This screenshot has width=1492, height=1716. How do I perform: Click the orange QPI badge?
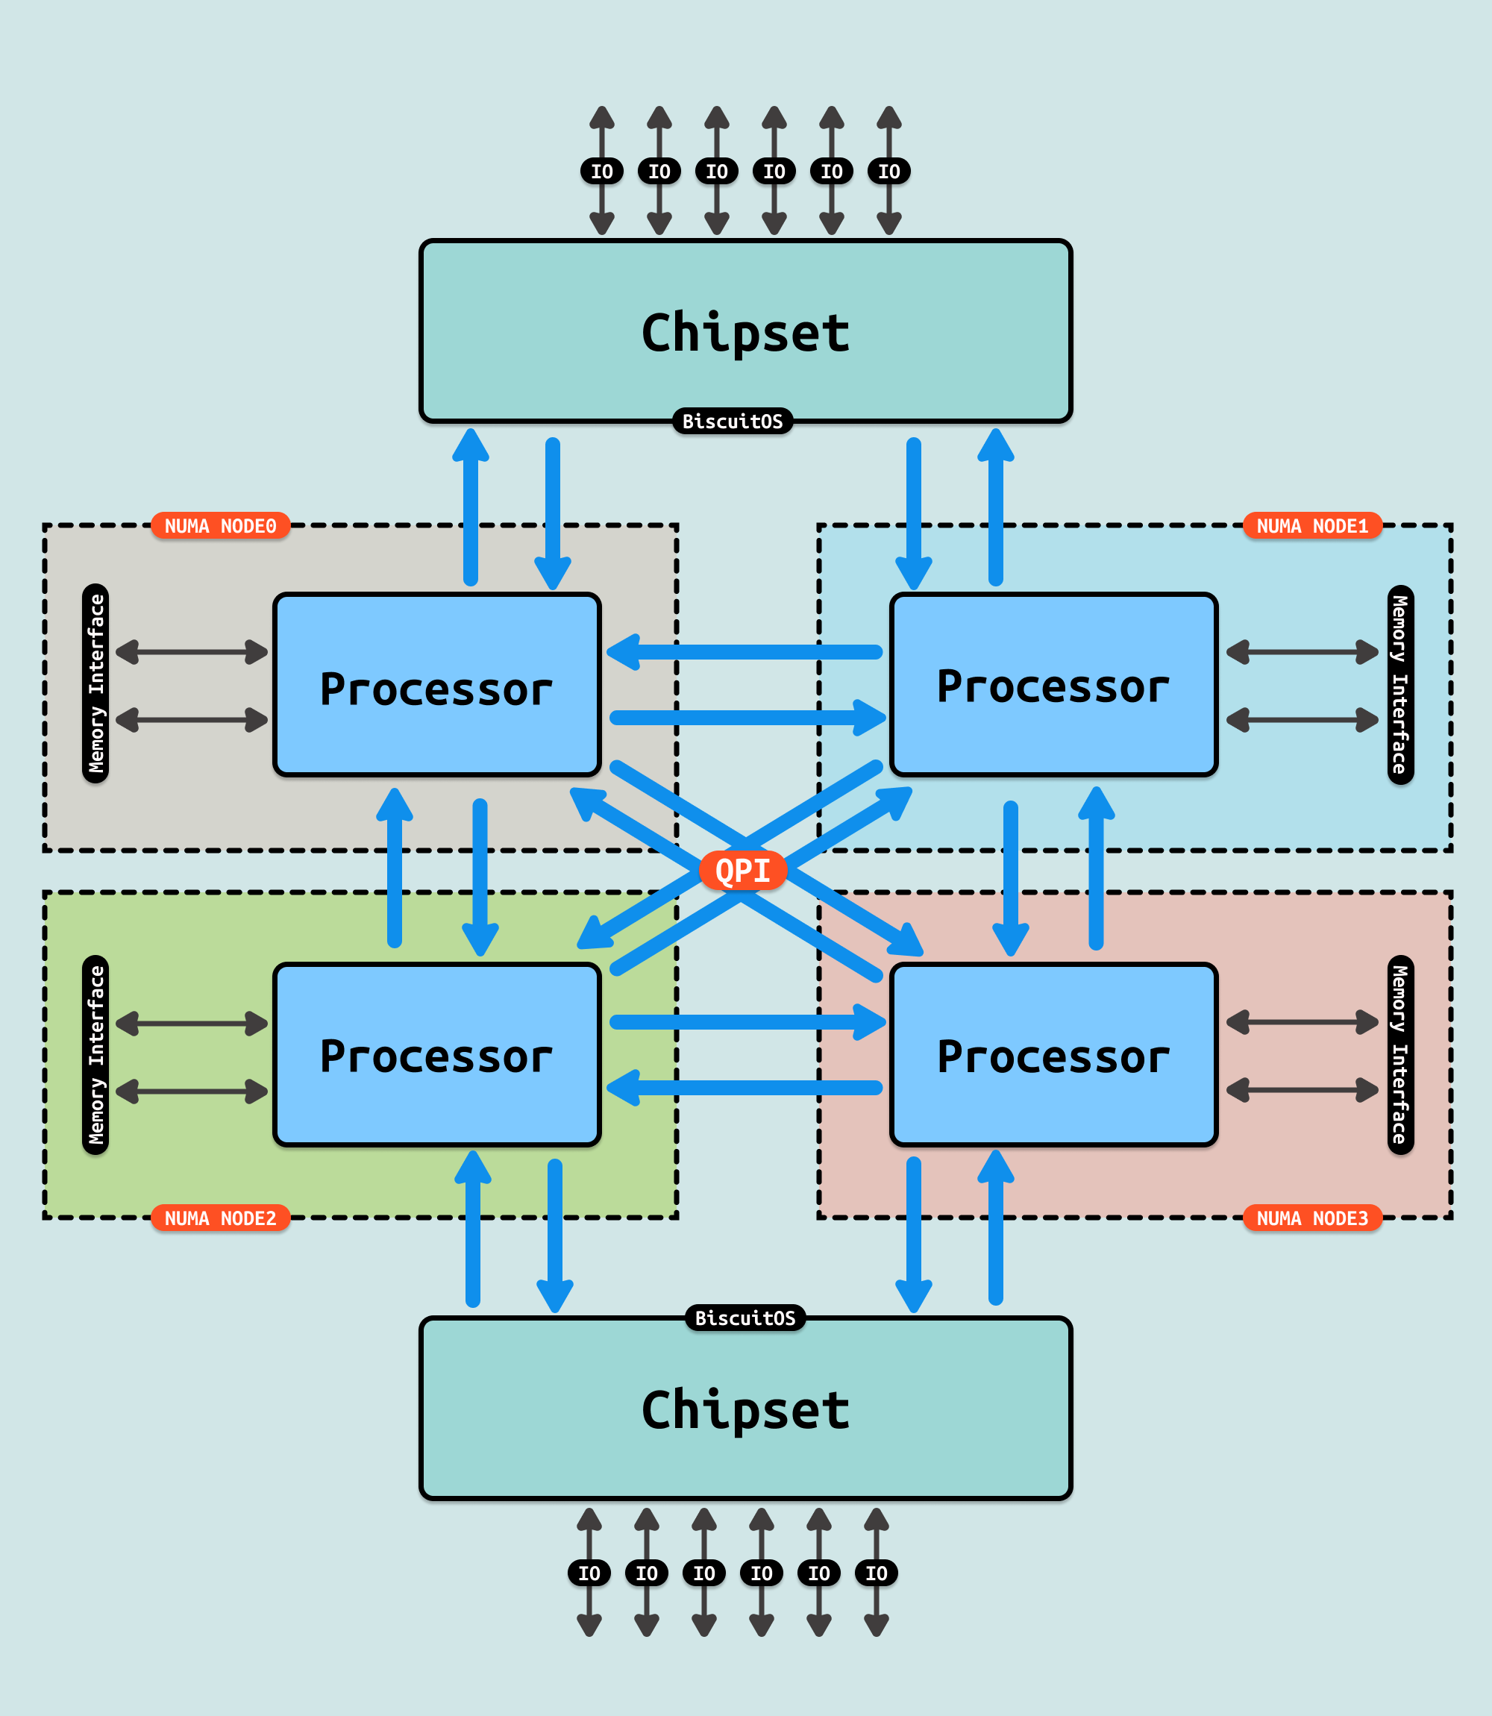coord(743,870)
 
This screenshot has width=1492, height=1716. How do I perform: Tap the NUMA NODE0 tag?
coord(220,525)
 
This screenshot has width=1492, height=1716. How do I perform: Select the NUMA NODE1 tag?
coord(1311,525)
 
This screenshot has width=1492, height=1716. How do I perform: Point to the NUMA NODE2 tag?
coord(220,1218)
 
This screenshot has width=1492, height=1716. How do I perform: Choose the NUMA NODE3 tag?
coord(1311,1218)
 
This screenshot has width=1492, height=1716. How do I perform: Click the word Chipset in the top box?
coord(745,333)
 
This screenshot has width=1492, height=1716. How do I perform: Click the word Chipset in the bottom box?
coord(745,1409)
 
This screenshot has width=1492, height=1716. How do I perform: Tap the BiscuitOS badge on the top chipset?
coord(733,422)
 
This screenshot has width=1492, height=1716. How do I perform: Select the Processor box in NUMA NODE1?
coord(1053,685)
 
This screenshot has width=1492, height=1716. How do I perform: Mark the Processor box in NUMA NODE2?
coord(436,1056)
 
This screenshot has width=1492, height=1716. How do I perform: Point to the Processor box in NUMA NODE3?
coord(1053,1056)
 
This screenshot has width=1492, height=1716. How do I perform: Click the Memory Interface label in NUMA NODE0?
coord(95,683)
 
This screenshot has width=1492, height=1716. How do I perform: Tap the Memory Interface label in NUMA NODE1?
coord(1400,684)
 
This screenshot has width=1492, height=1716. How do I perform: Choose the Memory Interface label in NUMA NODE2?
coord(95,1055)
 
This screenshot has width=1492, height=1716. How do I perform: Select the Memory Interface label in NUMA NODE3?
coord(1400,1055)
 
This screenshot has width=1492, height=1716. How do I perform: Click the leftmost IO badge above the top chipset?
coord(601,172)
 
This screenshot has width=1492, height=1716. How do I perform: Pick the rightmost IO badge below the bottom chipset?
coord(876,1573)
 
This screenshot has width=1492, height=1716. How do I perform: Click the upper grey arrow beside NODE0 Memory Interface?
coord(192,652)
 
